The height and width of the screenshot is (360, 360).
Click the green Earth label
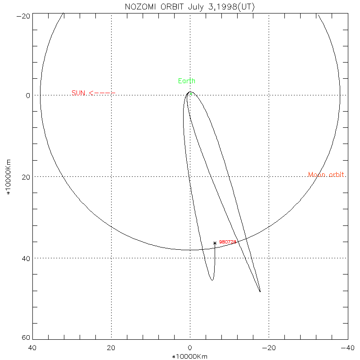click(187, 81)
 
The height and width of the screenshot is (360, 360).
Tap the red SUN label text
click(78, 93)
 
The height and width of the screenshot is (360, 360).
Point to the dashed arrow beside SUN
click(102, 93)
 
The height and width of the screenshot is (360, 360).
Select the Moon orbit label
click(327, 175)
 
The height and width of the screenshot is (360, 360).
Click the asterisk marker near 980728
click(215, 243)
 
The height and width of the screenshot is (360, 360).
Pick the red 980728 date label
click(228, 242)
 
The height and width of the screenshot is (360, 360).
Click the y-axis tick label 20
click(26, 177)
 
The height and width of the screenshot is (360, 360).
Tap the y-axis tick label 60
click(26, 338)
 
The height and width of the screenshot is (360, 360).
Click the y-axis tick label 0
click(28, 95)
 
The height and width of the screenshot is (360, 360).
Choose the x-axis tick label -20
click(269, 348)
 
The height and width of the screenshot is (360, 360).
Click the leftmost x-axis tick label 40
click(32, 348)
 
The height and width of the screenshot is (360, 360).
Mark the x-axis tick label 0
click(190, 348)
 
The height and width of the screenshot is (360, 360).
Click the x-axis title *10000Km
click(190, 356)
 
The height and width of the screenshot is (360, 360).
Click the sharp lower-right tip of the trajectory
click(260, 292)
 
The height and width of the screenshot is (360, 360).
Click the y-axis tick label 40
click(26, 258)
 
